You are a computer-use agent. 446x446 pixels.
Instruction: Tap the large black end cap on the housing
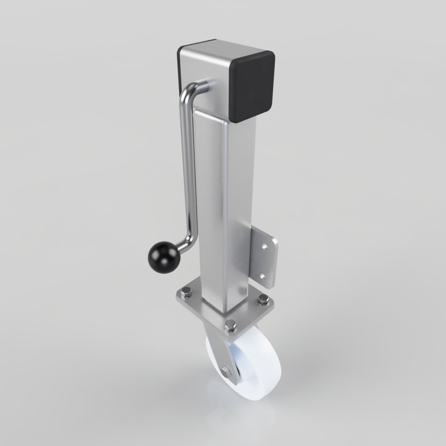(x=253, y=85)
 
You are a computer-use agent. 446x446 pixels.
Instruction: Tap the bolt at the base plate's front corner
(x=230, y=325)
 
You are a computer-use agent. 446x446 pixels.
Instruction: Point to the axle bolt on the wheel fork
(x=226, y=371)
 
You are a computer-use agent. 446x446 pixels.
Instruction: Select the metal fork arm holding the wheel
(x=219, y=352)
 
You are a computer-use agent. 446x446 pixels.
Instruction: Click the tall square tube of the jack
(x=223, y=201)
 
